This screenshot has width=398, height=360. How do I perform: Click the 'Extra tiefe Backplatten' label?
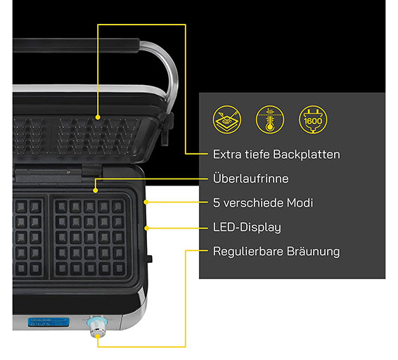pos(276,155)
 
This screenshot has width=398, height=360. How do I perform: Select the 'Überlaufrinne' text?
pos(251,178)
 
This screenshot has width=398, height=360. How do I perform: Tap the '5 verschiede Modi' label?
pos(263,202)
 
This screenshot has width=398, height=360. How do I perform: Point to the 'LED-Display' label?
pos(247,227)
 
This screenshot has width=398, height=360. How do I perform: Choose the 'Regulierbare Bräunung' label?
pos(276,251)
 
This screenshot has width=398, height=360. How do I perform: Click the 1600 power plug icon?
pos(313,120)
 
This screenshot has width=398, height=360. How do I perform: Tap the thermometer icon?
pos(270,120)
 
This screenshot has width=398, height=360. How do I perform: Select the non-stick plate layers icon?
pos(227,120)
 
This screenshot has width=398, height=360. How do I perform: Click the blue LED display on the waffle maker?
pos(49,322)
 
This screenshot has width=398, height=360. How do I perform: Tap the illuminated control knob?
pos(97,326)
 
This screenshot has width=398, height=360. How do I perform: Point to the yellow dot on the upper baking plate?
pos(98,117)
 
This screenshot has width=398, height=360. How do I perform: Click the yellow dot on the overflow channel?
pos(96,191)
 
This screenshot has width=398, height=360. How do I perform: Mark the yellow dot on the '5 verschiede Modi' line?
pos(146,202)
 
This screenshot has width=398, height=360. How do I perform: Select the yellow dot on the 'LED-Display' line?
pos(146,229)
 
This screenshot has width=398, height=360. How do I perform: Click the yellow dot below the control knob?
pos(98,336)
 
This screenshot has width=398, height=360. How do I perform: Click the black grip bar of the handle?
pos(76,45)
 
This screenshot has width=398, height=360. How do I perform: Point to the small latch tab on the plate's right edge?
pos(150,259)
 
